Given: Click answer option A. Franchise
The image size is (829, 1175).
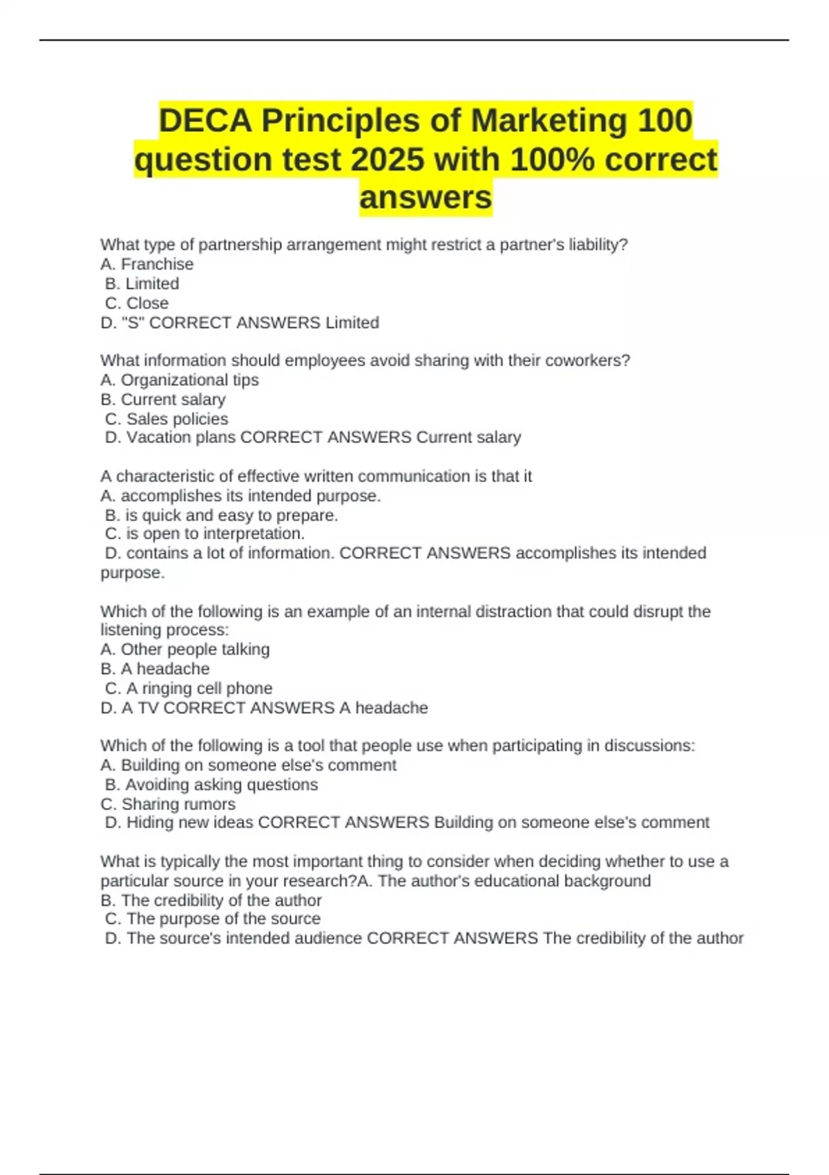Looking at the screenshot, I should coord(147,264).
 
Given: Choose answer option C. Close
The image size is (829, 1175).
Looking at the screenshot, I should coord(137,303).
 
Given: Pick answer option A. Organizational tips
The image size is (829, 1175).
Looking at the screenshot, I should coord(180,379).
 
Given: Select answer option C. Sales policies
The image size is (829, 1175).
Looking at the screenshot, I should coord(166,419).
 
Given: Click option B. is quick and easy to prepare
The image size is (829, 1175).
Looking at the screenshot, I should coord(221,515).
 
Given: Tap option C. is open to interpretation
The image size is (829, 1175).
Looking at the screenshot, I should coord(204,534).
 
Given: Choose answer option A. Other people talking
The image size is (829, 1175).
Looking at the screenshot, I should coord(185,649).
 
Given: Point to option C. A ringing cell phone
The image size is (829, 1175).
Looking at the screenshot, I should coord(189,688).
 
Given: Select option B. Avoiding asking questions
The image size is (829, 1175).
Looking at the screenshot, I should coord(211,784).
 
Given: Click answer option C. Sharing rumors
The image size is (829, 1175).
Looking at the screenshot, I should coord(168,804).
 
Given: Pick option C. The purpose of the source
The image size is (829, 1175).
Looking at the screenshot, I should coord(213,919).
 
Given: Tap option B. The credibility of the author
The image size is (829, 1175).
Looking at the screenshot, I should coord(211,901).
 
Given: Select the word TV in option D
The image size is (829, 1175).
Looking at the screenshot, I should coord(148,708).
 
